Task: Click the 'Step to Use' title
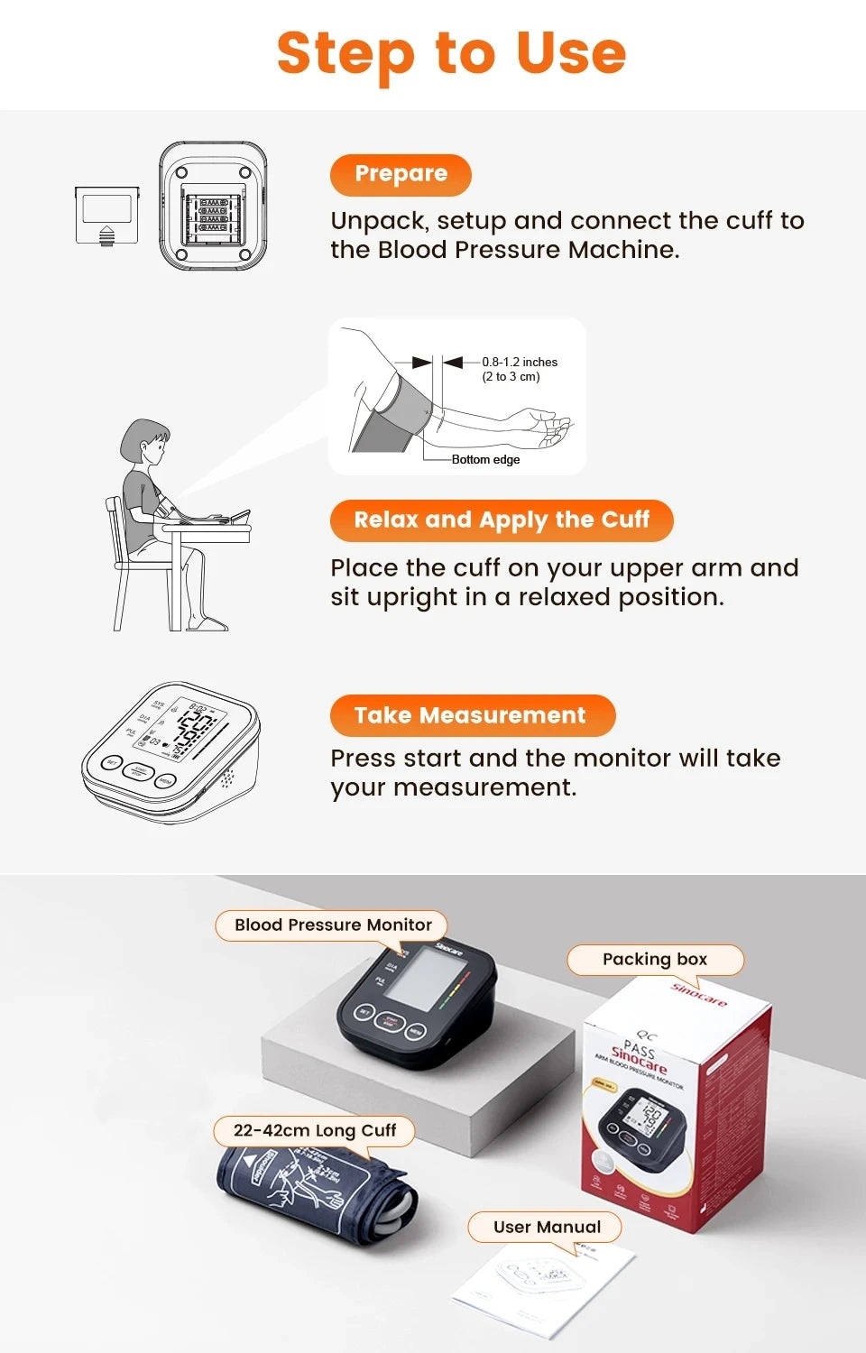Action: coord(451,53)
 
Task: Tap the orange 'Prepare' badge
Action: coord(401,174)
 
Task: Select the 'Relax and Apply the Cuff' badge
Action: coord(501,520)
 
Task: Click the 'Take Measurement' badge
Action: coord(472,715)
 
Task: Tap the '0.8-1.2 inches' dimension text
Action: coord(520,362)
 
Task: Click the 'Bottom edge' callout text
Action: coord(485,459)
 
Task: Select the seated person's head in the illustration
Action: coord(146,442)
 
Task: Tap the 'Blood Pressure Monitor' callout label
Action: coord(333,925)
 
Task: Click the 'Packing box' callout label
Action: coord(655,960)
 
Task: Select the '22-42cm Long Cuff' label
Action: coord(314,1130)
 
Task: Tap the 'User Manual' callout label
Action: coord(547,1227)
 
